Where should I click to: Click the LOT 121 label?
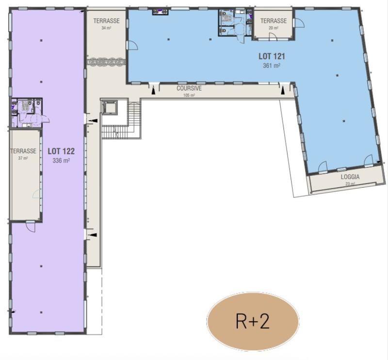click(x=271, y=56)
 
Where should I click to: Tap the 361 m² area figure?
click(x=271, y=65)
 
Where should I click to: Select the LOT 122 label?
click(x=61, y=150)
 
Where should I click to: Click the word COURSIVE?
click(x=189, y=89)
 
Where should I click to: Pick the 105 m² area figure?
click(x=189, y=96)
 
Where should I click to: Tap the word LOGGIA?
click(x=350, y=177)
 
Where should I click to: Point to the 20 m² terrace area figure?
click(x=274, y=28)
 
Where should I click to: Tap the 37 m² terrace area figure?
click(x=23, y=158)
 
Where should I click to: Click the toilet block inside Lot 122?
click(x=27, y=112)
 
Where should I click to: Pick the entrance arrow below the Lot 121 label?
click(x=282, y=90)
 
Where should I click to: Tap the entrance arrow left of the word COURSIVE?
click(x=154, y=90)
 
